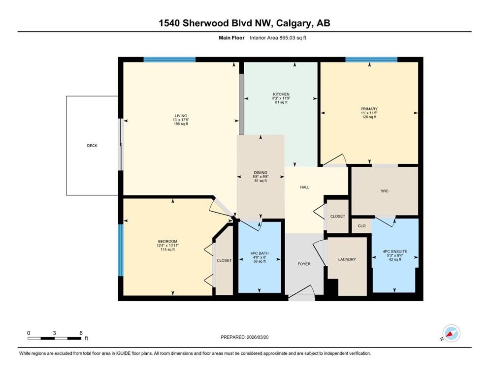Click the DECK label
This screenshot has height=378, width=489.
click(x=92, y=146)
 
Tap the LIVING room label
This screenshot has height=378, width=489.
click(x=181, y=116)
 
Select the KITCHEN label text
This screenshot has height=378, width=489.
click(x=281, y=94)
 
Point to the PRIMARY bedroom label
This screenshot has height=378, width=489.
click(x=369, y=109)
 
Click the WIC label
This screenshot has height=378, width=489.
click(x=385, y=191)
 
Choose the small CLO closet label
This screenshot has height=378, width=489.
click(x=362, y=225)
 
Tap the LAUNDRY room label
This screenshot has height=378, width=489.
click(x=347, y=259)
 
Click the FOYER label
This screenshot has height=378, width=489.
click(x=304, y=264)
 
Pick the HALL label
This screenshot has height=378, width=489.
click(x=305, y=188)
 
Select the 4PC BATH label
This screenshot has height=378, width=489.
click(x=260, y=253)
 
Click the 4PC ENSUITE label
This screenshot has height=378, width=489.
click(x=395, y=252)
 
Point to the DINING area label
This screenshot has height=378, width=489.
click(x=261, y=172)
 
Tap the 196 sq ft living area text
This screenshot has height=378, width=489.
click(x=181, y=124)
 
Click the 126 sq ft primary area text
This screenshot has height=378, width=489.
click(x=369, y=117)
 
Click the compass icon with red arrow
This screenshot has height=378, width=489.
click(x=451, y=333)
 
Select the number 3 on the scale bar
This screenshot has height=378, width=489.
click(x=54, y=333)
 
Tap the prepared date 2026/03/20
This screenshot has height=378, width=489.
click(x=258, y=337)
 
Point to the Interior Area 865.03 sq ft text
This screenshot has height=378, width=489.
click(x=278, y=38)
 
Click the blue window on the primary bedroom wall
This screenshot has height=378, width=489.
click(x=371, y=60)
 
